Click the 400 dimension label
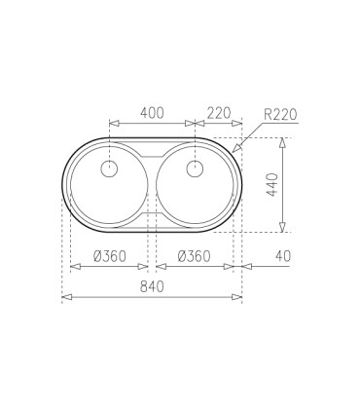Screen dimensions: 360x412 point(152,113)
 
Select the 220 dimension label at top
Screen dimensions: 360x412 point(219,113)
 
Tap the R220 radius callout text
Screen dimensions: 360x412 point(280,115)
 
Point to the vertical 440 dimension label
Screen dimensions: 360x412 point(272,185)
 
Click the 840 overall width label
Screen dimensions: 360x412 point(152,286)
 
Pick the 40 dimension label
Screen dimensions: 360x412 point(283,256)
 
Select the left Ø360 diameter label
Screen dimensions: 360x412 point(110,256)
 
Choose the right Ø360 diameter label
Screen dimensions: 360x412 point(195,256)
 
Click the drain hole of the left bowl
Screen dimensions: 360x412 point(109,169)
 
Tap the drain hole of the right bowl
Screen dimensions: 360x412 point(195,169)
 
